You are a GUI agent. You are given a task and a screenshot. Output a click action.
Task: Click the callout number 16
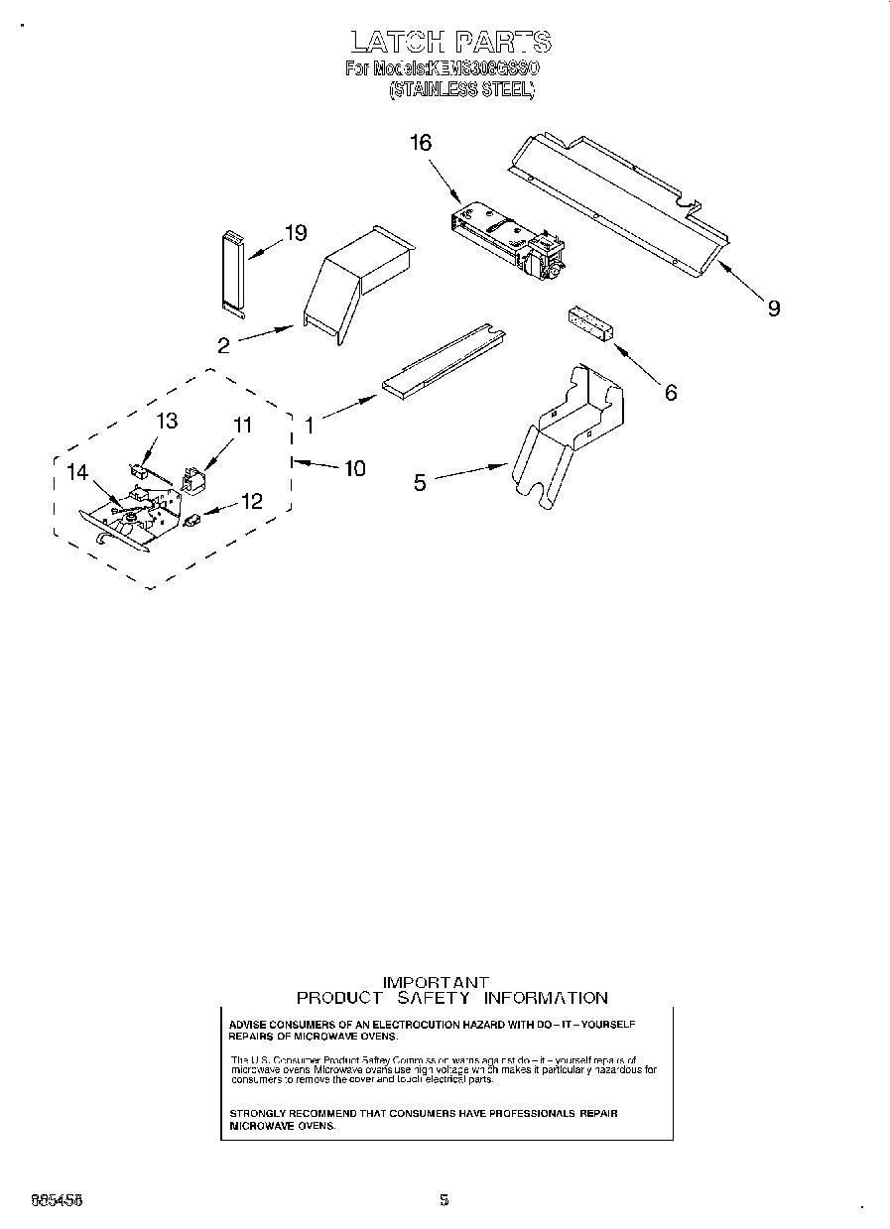(421, 143)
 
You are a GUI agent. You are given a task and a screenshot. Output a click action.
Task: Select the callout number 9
(773, 307)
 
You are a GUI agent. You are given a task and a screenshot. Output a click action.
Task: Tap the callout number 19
(295, 234)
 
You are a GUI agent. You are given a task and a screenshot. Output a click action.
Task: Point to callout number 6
(671, 393)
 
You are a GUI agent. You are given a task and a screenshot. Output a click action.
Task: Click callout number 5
(420, 483)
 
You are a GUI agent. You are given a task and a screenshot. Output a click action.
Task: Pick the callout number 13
(167, 421)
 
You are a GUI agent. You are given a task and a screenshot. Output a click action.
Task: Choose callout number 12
(252, 502)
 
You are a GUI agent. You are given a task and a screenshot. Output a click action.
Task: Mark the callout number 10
(354, 468)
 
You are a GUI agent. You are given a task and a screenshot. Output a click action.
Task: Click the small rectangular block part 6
(589, 323)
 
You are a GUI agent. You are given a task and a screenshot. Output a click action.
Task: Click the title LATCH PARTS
(449, 43)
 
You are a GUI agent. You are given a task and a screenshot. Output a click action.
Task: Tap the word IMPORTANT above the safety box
(437, 982)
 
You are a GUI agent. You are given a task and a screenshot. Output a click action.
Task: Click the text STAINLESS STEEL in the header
(461, 89)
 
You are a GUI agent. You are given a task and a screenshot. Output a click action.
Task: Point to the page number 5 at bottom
(444, 1199)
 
